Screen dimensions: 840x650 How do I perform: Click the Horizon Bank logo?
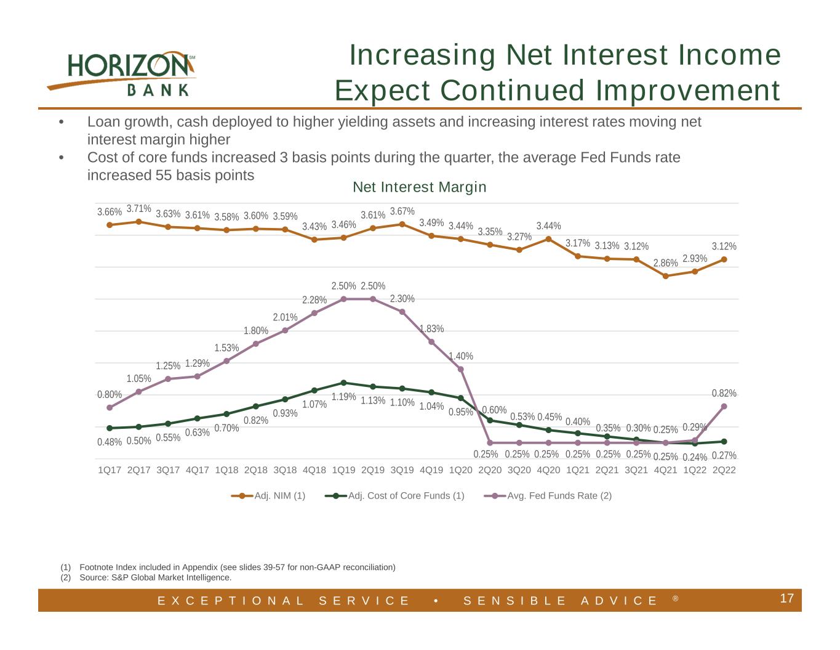click(121, 74)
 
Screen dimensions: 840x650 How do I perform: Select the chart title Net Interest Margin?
click(420, 187)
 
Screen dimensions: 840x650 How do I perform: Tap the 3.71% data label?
click(139, 208)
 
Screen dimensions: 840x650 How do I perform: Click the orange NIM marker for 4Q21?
click(665, 276)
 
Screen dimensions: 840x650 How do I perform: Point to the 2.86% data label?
click(665, 263)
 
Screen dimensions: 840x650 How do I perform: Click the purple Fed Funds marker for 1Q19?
click(343, 299)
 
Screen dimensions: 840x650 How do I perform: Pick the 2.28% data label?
click(314, 300)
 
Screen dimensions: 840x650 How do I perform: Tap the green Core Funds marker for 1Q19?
click(343, 383)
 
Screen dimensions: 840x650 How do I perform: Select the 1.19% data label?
click(343, 397)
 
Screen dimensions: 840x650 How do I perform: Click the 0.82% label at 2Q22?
click(724, 394)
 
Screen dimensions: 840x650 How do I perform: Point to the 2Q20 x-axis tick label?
click(490, 470)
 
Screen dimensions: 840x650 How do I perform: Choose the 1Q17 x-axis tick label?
click(110, 470)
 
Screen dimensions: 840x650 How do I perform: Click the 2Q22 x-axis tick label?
click(724, 470)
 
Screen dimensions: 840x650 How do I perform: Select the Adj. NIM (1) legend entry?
click(268, 496)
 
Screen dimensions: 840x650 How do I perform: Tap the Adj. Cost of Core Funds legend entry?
click(394, 496)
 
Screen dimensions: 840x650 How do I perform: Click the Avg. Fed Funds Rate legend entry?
click(548, 496)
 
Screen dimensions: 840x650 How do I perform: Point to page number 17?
click(786, 598)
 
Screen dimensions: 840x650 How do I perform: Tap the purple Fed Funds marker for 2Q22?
click(724, 407)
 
